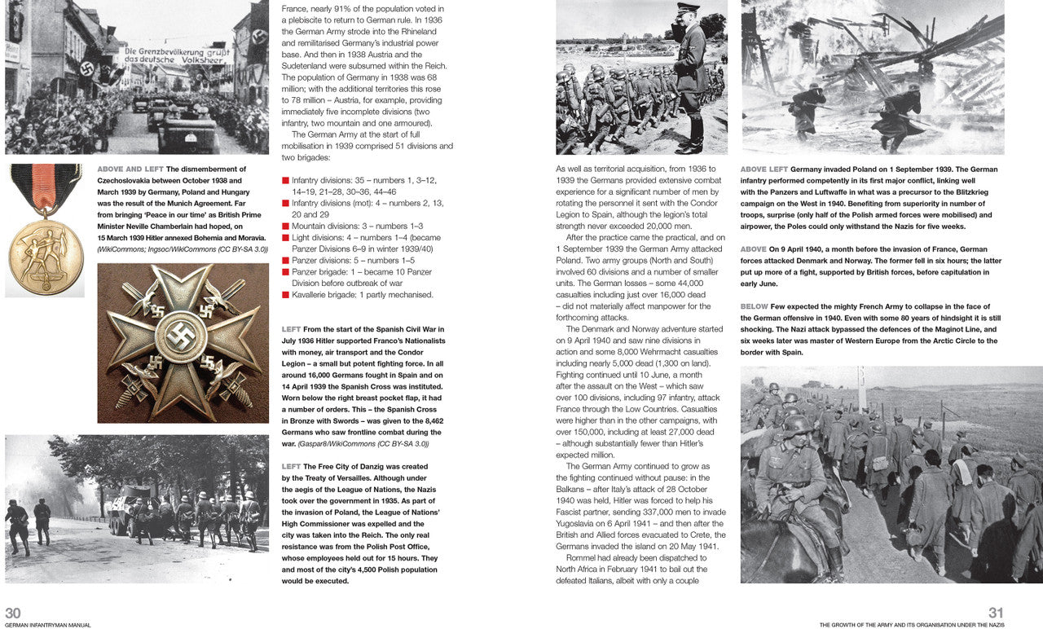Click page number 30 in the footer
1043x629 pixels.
tap(13, 613)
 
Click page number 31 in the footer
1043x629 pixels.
tap(996, 613)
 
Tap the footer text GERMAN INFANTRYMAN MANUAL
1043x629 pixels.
tap(48, 625)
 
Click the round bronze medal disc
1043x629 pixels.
tap(46, 256)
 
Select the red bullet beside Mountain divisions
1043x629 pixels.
tap(286, 227)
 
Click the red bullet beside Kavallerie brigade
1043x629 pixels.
tap(286, 295)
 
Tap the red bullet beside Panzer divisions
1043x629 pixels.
tap(286, 261)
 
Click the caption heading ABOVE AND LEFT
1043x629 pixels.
tap(130, 169)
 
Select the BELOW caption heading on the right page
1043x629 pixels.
tap(754, 306)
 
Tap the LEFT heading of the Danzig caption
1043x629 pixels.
tap(291, 467)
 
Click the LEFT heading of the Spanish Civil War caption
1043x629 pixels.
tap(291, 329)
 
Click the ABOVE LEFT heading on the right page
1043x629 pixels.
tap(764, 169)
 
